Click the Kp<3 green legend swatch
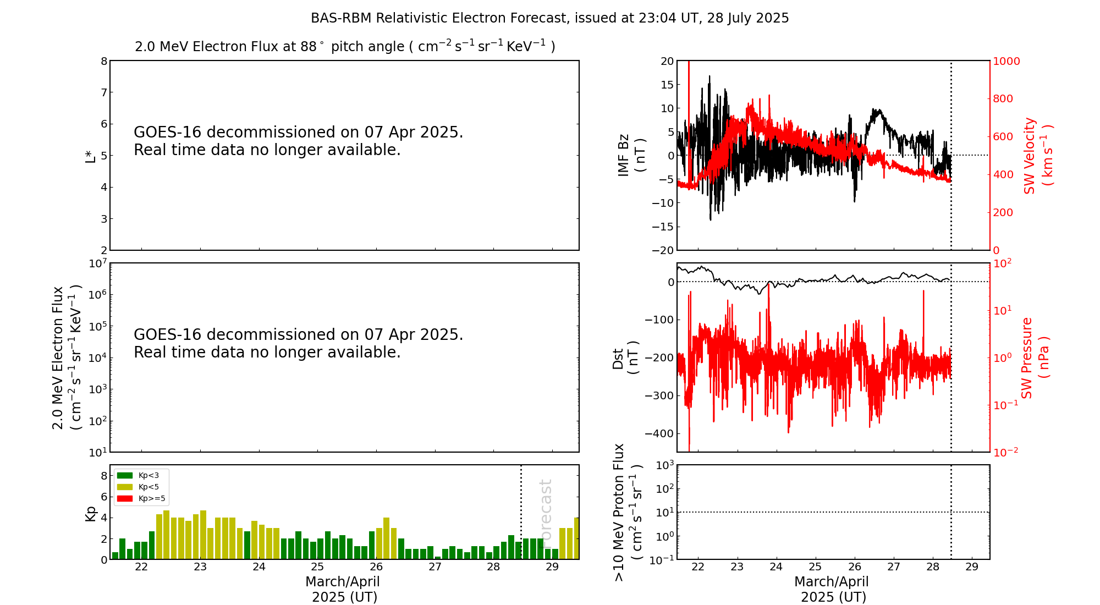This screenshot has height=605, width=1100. tap(125, 475)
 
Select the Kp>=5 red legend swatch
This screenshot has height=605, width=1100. tap(125, 499)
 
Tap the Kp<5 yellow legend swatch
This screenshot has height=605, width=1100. tap(125, 487)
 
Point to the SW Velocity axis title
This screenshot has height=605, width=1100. tap(1037, 156)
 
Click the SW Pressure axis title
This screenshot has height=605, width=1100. tap(1035, 358)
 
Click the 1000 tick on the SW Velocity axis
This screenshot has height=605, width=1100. tap(1006, 61)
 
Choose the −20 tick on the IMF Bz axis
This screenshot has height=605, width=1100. tap(663, 250)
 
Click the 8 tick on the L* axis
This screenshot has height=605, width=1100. tap(104, 61)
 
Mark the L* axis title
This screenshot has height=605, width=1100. tap(90, 155)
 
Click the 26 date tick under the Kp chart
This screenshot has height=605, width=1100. tap(376, 567)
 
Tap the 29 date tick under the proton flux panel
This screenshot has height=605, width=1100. tap(972, 567)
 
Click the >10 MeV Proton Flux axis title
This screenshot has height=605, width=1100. tap(628, 512)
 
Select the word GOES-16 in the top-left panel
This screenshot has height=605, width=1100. tap(168, 133)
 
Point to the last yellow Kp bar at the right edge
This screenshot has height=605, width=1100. tap(576, 538)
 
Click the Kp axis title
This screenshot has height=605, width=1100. tap(90, 514)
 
